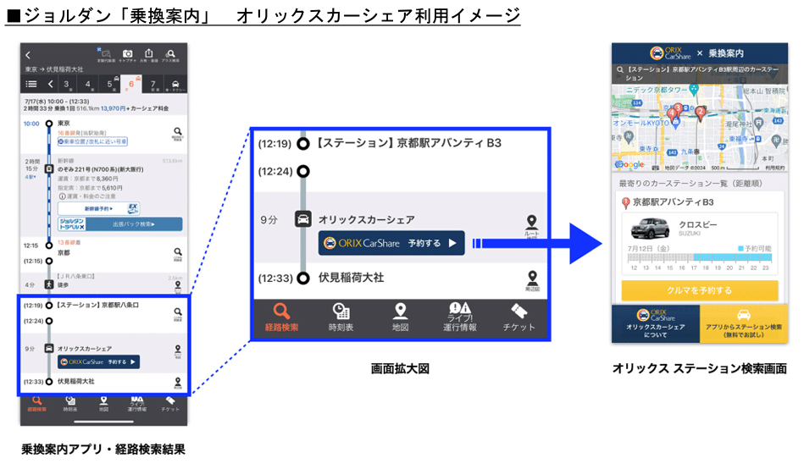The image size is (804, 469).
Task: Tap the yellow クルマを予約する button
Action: [x=699, y=290]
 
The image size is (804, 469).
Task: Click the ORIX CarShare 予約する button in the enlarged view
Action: [x=391, y=244]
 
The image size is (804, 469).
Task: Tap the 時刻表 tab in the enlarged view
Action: [x=341, y=317]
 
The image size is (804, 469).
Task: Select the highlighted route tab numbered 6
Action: [x=130, y=84]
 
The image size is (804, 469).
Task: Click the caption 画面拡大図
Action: [x=400, y=369]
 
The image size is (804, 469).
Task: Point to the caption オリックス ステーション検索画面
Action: [x=699, y=369]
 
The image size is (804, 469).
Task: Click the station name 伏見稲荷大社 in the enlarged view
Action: [x=351, y=278]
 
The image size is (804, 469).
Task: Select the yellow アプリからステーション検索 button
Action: [x=743, y=325]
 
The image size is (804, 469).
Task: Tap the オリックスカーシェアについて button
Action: [x=655, y=325]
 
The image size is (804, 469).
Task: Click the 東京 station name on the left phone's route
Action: [x=64, y=124]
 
